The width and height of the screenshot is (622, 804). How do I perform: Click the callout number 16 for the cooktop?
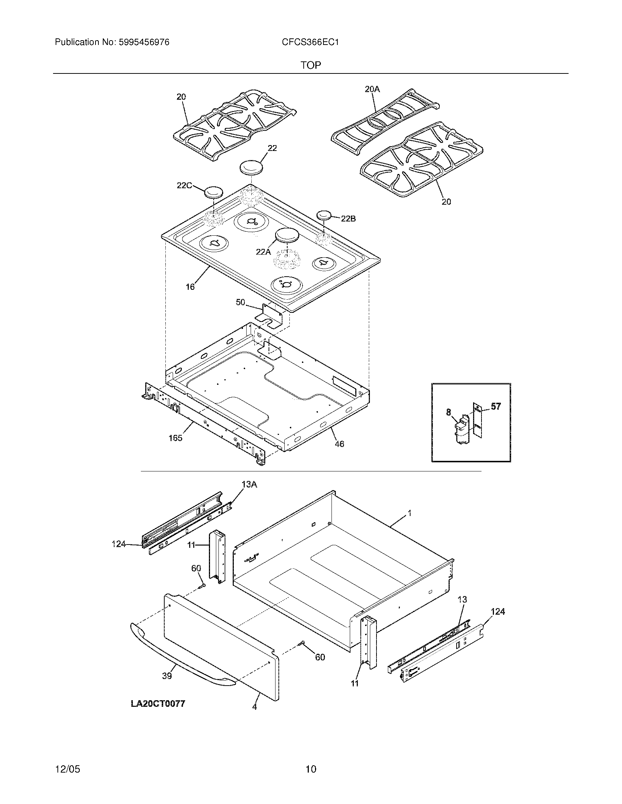point(190,287)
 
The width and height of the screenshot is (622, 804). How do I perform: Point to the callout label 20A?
point(372,89)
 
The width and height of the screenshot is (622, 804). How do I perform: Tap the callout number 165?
point(175,438)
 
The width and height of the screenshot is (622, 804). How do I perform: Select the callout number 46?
point(340,444)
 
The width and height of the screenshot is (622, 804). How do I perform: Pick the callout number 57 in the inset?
point(496,406)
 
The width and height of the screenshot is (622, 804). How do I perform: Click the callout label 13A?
point(249,485)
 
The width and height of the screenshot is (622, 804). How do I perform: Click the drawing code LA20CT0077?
point(158,703)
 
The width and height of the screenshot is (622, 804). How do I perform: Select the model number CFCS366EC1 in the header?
point(310,42)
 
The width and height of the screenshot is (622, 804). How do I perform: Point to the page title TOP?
point(311,65)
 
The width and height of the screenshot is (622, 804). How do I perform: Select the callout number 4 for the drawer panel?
point(255,706)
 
